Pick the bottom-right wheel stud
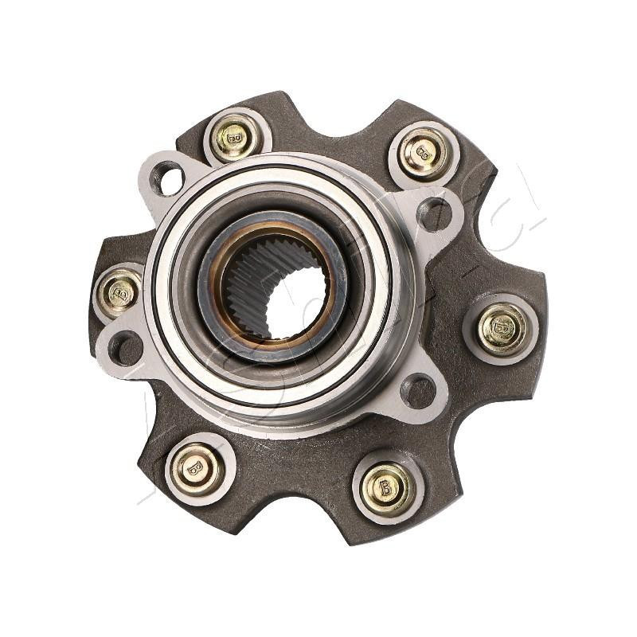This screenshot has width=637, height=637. (x=386, y=487)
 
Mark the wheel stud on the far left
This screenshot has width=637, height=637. (x=119, y=291)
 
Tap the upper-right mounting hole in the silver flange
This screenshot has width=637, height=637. (x=434, y=213)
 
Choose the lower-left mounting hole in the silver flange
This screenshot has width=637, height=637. (x=126, y=348)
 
